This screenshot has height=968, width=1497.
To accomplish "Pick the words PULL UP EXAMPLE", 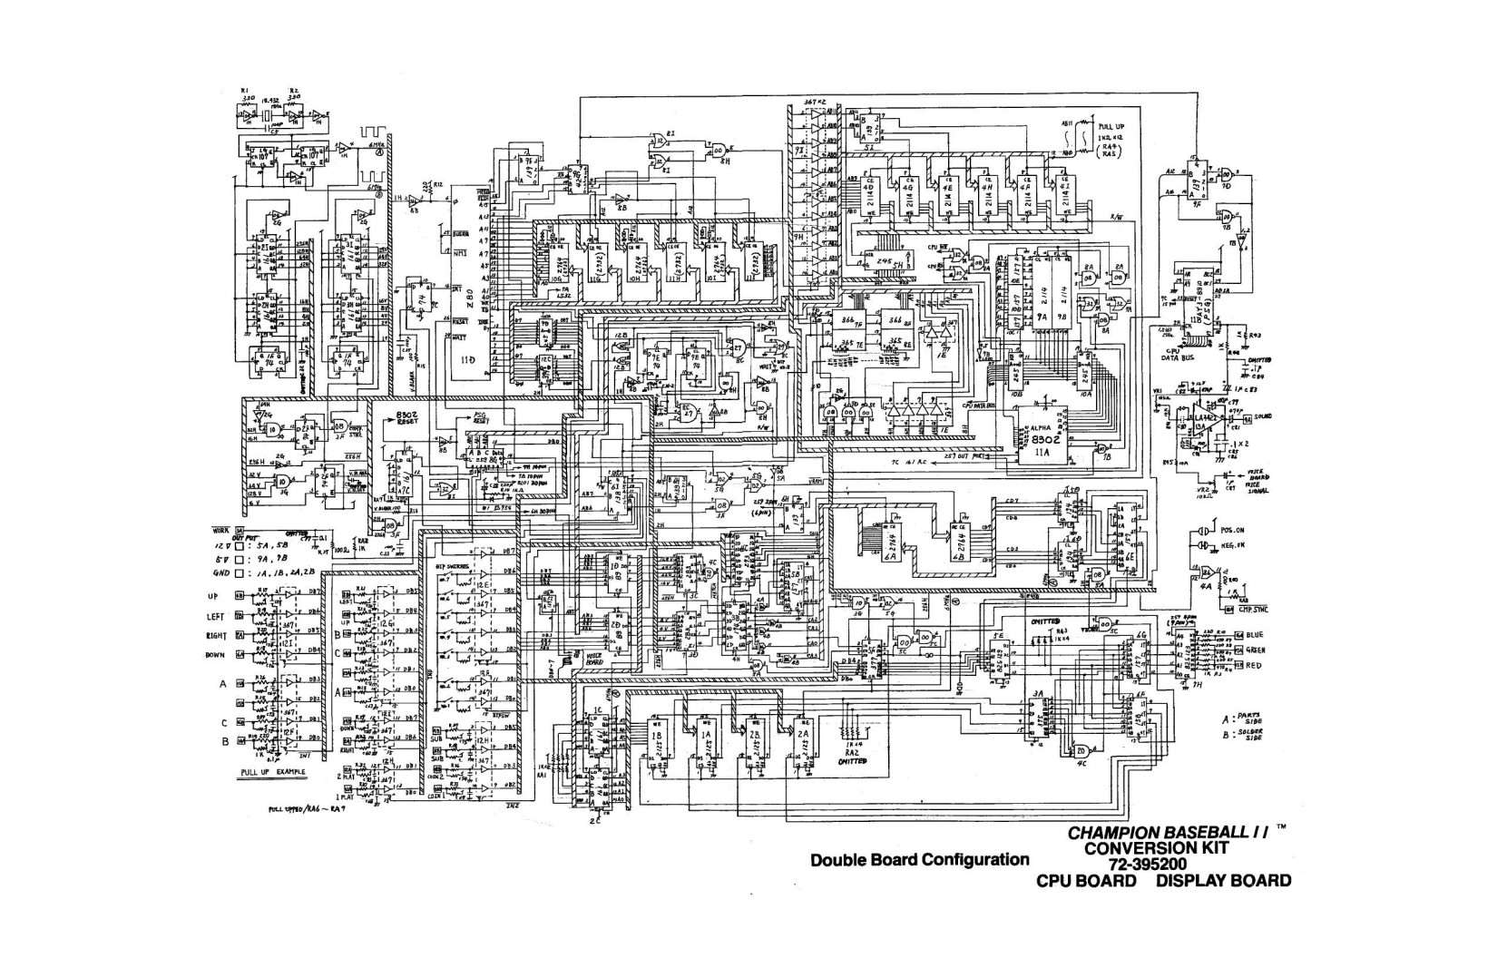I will point(272,772).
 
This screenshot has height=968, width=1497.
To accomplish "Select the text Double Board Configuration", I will point(920,859).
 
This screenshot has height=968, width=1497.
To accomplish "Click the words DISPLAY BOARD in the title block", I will point(1224,881).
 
